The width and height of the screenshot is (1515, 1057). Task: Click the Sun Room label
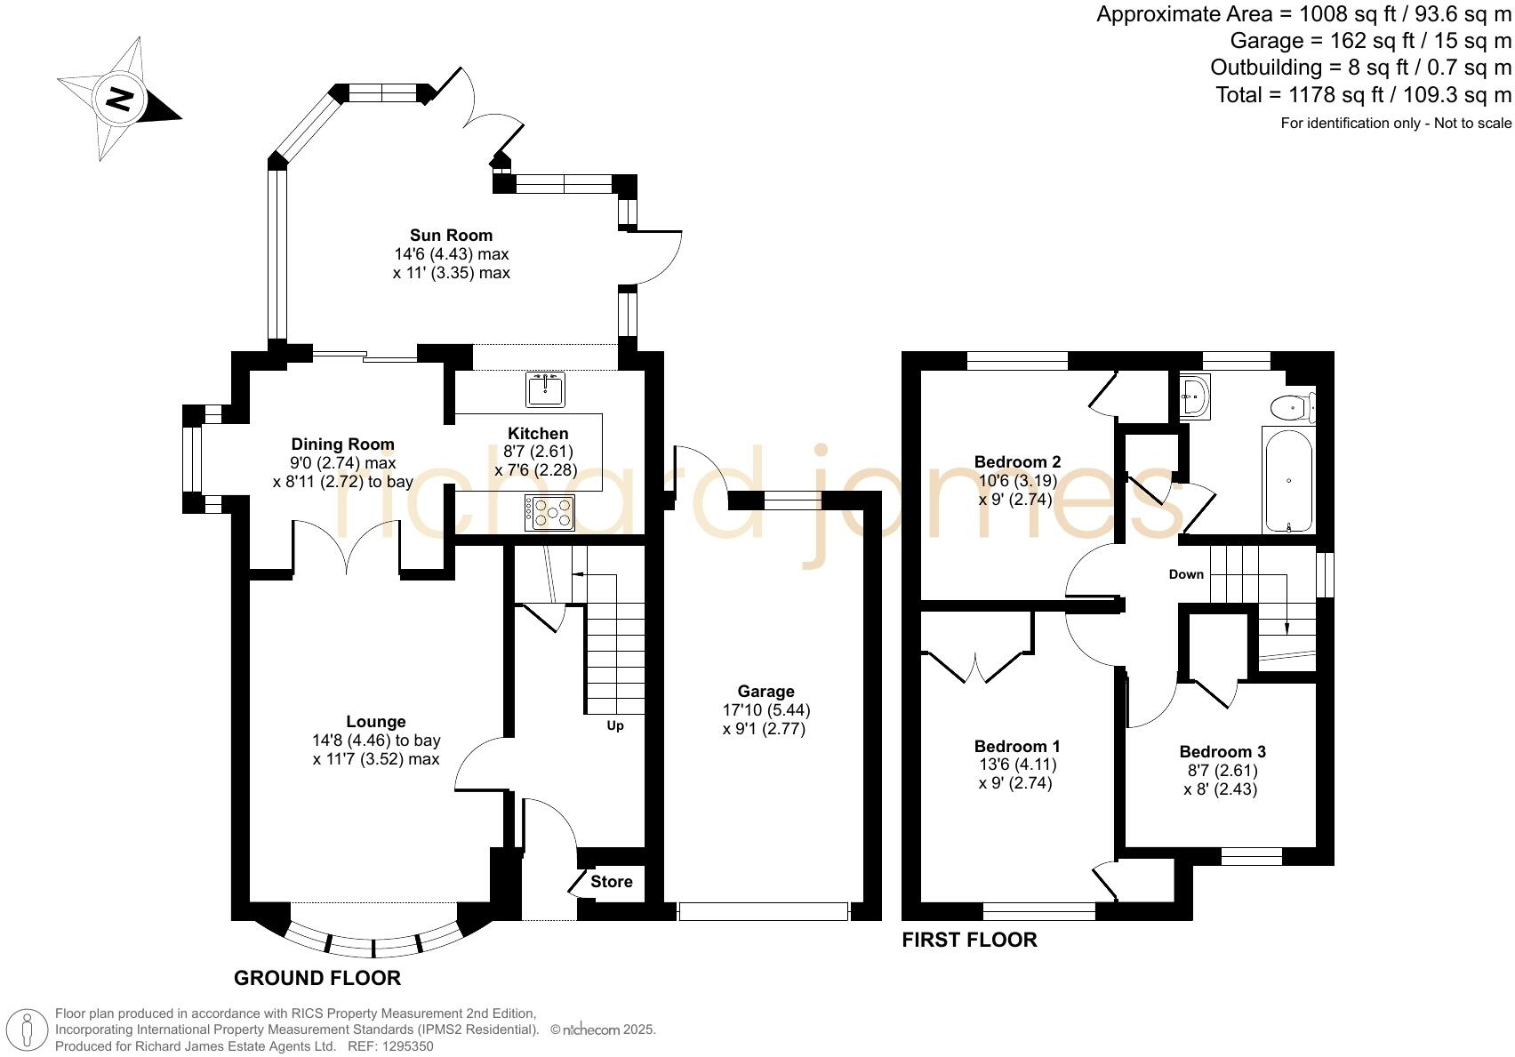point(451,236)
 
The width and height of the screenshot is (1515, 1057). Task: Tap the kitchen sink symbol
point(545,389)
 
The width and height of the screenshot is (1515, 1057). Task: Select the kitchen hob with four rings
point(549,513)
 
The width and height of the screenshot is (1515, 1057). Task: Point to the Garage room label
point(766,691)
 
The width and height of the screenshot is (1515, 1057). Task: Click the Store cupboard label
point(612,881)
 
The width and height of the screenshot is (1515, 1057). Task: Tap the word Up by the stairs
point(614,726)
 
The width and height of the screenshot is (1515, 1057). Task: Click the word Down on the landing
point(1186,574)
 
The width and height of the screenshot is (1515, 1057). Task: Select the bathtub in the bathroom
point(1288,480)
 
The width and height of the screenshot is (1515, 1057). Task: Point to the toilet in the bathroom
point(1293,408)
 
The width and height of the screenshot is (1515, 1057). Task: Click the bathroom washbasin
point(1194,397)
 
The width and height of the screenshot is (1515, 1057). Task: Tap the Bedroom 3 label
point(1222,751)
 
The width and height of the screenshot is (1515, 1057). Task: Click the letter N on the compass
point(120,100)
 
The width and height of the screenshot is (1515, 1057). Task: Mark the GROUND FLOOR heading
point(317,978)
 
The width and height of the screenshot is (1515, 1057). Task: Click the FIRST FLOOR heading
point(969,940)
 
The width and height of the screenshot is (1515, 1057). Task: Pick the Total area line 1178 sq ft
point(1364,95)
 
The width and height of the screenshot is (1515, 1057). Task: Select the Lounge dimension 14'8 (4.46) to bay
point(376,741)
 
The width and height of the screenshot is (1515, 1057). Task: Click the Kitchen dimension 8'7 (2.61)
point(539,451)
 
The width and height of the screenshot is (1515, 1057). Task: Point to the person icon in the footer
point(27,1030)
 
